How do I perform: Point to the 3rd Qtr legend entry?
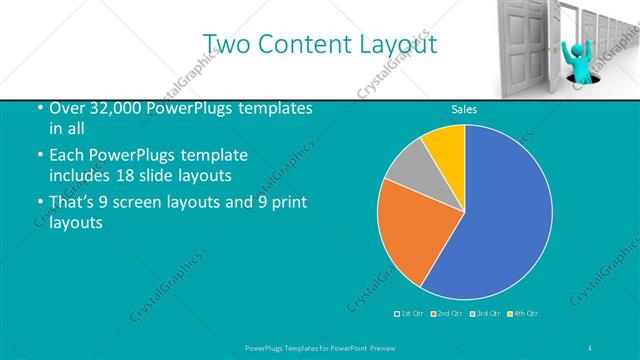484,314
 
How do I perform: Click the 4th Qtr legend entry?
523,314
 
